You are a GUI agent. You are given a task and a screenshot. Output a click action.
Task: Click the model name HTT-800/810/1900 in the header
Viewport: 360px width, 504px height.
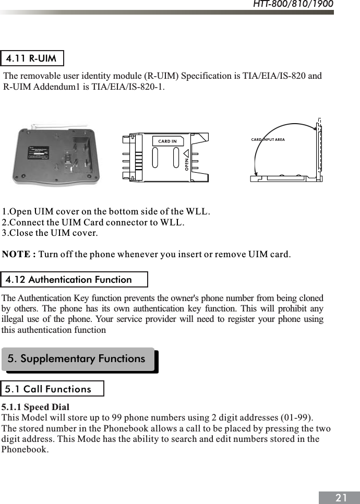(x=293, y=5)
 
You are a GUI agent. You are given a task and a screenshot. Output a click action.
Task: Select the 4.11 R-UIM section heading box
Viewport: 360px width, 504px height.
(x=32, y=58)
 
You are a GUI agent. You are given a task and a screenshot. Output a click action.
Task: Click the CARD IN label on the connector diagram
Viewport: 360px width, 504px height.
(x=167, y=141)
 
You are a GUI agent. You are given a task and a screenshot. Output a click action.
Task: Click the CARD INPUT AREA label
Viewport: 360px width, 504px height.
(x=268, y=140)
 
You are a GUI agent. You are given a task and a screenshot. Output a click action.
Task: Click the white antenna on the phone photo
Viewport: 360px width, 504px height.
(x=52, y=127)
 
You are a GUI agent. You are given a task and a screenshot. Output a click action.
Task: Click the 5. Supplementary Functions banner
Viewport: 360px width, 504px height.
(x=78, y=359)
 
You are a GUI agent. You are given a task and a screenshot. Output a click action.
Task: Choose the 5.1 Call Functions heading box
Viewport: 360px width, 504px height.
(x=52, y=389)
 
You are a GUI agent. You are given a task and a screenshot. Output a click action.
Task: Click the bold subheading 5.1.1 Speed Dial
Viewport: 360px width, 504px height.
(x=35, y=407)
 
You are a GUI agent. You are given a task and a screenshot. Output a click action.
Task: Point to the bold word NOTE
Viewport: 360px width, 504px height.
(x=19, y=255)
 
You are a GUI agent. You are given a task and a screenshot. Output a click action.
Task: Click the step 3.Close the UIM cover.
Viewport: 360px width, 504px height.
(x=50, y=233)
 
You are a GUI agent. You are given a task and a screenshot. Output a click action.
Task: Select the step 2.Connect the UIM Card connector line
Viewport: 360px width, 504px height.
(x=93, y=222)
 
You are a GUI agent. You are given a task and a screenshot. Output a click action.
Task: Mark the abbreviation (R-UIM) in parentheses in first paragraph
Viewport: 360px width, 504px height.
(x=158, y=76)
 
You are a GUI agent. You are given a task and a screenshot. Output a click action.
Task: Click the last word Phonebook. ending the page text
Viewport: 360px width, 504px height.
(x=25, y=449)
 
